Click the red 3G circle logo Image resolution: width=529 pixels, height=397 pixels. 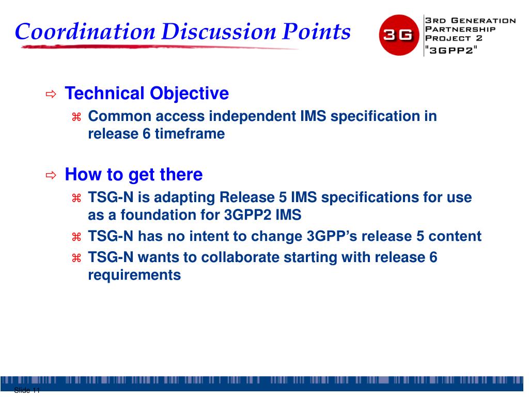pyautogui.click(x=399, y=35)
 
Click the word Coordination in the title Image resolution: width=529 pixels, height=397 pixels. pyautogui.click(x=85, y=32)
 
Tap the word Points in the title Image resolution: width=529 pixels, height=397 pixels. pyautogui.click(x=316, y=32)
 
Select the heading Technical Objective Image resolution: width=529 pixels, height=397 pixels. pyautogui.click(x=147, y=93)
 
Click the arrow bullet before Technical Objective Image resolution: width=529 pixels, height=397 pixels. pyautogui.click(x=51, y=94)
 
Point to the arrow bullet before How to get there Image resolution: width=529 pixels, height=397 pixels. pyautogui.click(x=51, y=175)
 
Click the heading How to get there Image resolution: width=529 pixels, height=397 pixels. pyautogui.click(x=134, y=175)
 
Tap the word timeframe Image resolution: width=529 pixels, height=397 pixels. pyautogui.click(x=190, y=134)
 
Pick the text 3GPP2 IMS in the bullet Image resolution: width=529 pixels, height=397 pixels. pyautogui.click(x=262, y=215)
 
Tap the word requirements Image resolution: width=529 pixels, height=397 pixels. pyautogui.click(x=134, y=275)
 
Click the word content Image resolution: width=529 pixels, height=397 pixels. pyautogui.click(x=455, y=236)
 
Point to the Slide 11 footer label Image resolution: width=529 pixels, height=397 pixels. pyautogui.click(x=27, y=391)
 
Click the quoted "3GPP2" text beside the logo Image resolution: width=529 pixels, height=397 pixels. pyautogui.click(x=451, y=50)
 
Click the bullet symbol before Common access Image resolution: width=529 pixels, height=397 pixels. pyautogui.click(x=76, y=117)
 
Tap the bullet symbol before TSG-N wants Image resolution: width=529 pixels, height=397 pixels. pyautogui.click(x=76, y=258)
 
